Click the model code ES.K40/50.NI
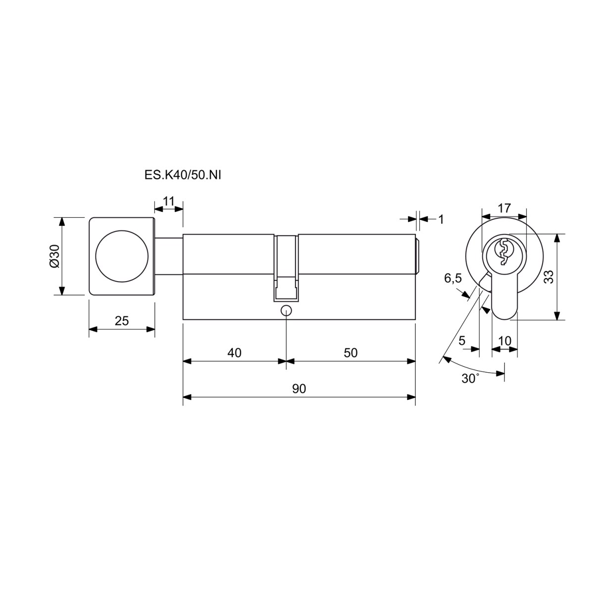pos(183,175)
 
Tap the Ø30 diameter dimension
pos(54,256)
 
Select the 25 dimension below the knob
pos(121,321)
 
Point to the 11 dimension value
pos(169,201)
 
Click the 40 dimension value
pos(234,352)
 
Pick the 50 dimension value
pos(350,352)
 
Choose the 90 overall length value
pos(299,389)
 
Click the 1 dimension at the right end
pos(441,219)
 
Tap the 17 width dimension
pos(504,208)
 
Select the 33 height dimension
pos(549,277)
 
